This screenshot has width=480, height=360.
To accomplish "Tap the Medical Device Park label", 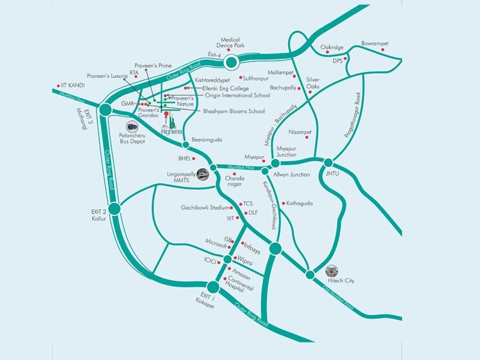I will point(231,43).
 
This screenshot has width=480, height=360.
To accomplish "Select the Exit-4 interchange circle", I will point(231,62).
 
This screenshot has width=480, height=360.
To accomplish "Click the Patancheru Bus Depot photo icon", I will point(132,126).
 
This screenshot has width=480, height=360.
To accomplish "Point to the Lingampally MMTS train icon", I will point(203,173).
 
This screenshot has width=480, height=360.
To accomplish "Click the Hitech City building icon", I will point(332,270).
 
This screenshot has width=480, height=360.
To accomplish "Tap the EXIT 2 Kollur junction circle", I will point(115,208).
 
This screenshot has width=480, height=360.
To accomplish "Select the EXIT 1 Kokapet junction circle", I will point(213,287).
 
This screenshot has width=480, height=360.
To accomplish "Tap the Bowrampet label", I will point(374,43).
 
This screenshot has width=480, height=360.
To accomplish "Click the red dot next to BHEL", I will point(197,157).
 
